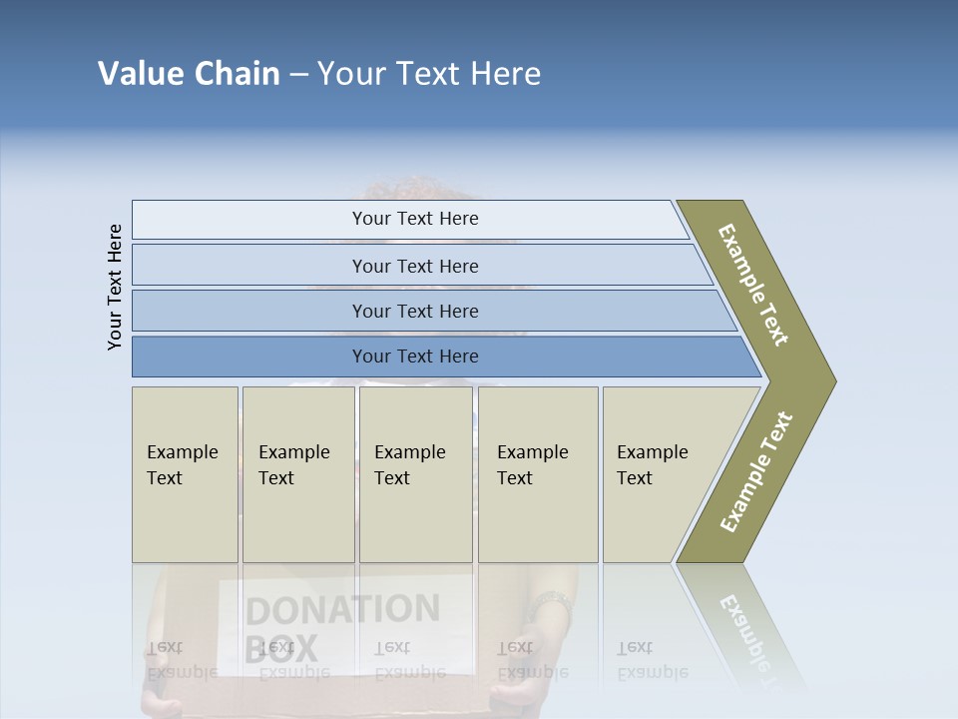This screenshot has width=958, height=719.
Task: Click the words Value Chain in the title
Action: click(x=189, y=73)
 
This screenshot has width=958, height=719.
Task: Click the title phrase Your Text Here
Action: click(x=429, y=73)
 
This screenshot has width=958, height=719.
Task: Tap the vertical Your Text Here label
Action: click(x=115, y=287)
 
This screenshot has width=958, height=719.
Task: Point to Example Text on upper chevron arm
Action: click(x=753, y=285)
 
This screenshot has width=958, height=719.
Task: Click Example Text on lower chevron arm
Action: click(x=756, y=471)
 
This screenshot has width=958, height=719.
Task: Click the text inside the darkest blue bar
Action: click(x=415, y=357)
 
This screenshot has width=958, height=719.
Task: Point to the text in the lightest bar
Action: click(x=415, y=219)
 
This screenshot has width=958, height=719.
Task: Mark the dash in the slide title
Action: click(x=298, y=75)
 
